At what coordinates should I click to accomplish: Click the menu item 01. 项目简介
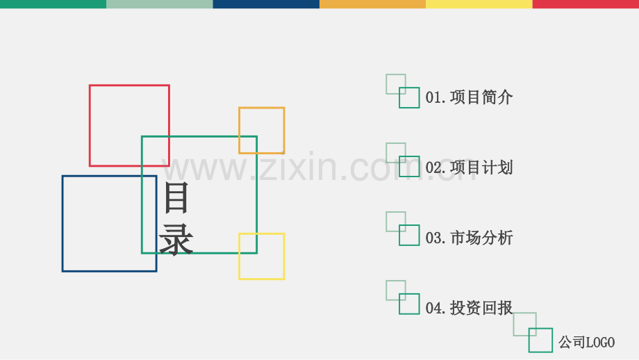point(469,97)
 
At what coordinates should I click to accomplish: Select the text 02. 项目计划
point(469,167)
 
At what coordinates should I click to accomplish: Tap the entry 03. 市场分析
point(469,238)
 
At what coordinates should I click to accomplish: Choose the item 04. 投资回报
point(469,308)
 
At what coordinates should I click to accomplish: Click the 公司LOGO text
point(586,342)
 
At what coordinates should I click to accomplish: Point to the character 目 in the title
point(176,197)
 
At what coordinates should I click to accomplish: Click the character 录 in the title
point(176,239)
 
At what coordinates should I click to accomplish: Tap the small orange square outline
point(239,131)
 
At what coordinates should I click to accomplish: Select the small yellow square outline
point(239,256)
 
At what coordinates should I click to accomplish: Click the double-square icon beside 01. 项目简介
point(399,98)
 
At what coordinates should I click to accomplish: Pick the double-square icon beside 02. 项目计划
point(399,167)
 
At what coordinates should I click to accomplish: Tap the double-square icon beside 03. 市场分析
point(399,236)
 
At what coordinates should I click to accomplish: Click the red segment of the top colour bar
point(586,4)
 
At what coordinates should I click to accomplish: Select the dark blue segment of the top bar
point(266,4)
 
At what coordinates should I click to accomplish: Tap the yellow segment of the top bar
point(479,4)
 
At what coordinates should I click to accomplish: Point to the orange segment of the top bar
point(372,4)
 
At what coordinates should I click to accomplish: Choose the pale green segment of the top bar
point(160,4)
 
